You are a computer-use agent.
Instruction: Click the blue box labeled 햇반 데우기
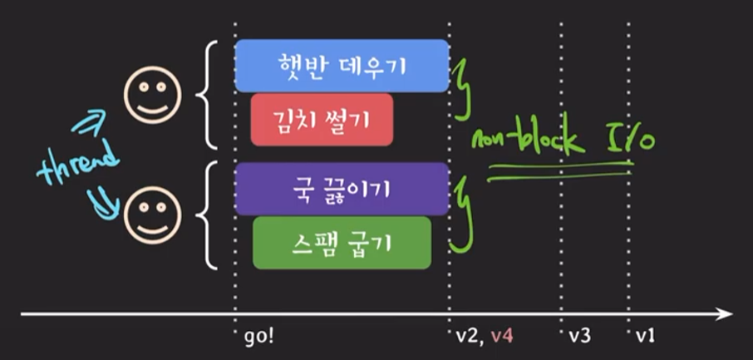342,65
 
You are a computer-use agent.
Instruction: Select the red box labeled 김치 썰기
322,119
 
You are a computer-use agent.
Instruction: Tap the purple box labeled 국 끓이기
342,189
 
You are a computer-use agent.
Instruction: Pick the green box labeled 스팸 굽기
342,243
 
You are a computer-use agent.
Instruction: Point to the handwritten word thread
79,163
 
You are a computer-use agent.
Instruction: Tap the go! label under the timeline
260,337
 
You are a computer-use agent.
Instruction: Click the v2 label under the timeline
467,337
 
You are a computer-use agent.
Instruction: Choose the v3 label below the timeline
580,337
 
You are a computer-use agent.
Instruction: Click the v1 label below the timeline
647,337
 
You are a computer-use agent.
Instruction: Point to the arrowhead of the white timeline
725,314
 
